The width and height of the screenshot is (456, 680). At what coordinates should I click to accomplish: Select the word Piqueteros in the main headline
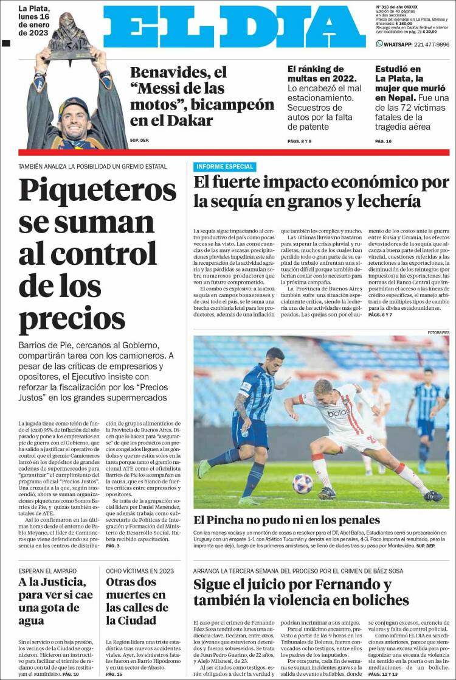98,190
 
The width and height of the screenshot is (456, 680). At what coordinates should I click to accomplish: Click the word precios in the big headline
63,318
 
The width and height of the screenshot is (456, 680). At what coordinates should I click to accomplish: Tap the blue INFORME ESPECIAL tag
224,166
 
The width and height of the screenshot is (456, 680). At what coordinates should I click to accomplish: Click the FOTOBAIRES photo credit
438,332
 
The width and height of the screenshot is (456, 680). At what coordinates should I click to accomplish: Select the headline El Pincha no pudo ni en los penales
286,520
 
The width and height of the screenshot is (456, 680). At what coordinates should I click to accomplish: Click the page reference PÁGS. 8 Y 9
299,141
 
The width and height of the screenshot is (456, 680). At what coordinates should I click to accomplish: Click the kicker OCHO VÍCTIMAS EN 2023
140,570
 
